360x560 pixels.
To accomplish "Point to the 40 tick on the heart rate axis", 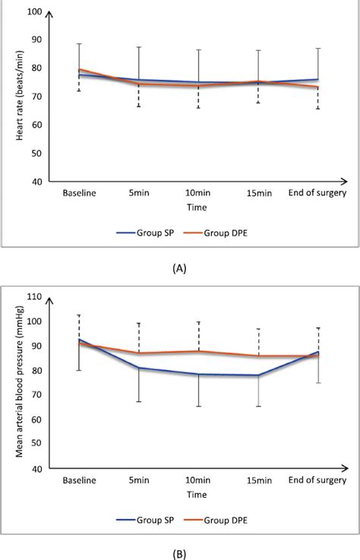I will [x=36, y=182].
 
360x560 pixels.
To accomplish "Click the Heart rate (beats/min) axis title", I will [x=11, y=97].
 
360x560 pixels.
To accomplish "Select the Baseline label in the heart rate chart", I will [x=79, y=194].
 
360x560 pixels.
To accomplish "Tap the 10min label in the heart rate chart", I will [x=198, y=194].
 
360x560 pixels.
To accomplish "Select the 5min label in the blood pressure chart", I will [x=138, y=480].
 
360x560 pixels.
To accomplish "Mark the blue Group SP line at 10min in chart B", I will [x=198, y=374].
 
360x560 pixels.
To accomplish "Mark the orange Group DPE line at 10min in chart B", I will [x=198, y=351].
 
